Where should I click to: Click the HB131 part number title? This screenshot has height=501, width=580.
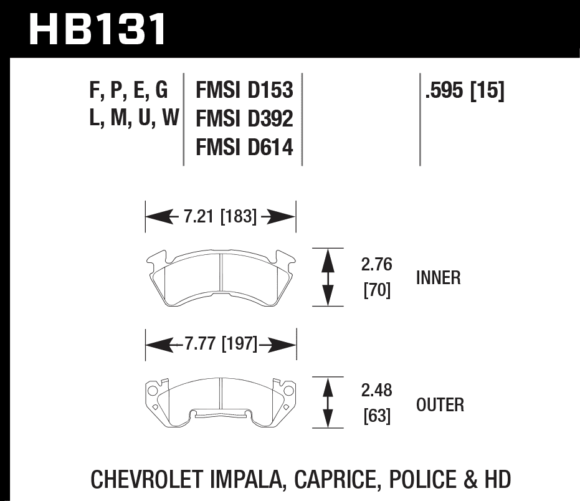98,29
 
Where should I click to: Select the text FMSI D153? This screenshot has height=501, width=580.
244,91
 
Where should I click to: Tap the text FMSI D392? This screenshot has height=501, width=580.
244,119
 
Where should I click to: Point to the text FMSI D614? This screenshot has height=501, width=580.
244,148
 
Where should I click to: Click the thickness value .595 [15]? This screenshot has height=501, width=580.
464,91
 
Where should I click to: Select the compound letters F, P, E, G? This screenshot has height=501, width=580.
129,91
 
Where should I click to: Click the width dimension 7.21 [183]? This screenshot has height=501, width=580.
220,217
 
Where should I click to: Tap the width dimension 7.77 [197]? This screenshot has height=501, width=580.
220,343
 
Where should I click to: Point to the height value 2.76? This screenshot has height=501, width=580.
376,265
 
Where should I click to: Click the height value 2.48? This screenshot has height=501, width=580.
376,391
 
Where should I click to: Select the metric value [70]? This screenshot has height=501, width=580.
376,290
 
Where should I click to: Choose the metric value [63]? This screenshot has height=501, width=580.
376,416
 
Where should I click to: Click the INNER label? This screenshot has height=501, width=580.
438,278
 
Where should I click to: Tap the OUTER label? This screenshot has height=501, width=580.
440,404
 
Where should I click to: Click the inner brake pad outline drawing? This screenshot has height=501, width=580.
221,280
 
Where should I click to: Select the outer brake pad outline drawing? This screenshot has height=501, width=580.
221,403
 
